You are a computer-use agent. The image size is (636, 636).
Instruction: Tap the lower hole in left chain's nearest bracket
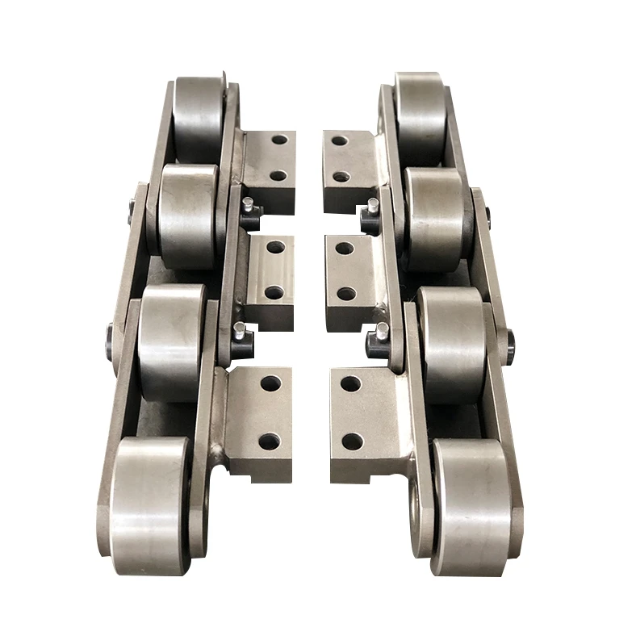coord(268,441)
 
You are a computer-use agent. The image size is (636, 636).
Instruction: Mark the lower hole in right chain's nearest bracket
coord(353,441)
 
